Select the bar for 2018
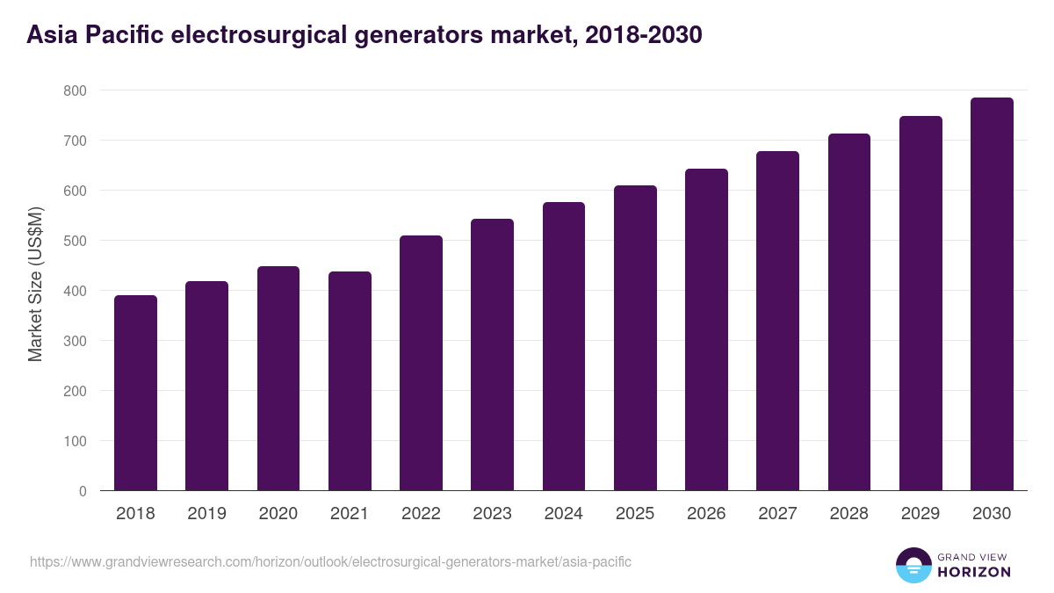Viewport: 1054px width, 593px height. point(135,393)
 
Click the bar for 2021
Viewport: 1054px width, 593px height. point(350,381)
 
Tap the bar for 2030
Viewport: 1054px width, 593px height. point(992,294)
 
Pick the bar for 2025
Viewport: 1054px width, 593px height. point(635,338)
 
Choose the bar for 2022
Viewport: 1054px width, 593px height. point(421,363)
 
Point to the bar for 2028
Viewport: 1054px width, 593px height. point(848,312)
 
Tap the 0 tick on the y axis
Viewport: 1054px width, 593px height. point(83,491)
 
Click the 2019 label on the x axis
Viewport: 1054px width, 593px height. point(206,514)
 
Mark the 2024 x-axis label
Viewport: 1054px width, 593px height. point(563,514)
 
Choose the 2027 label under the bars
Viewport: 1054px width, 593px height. point(777,514)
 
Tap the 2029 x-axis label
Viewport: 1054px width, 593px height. point(920,514)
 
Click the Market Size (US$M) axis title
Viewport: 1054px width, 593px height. point(35,285)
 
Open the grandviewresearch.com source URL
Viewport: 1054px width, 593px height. point(330,561)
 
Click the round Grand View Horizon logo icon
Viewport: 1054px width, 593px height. point(913,565)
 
